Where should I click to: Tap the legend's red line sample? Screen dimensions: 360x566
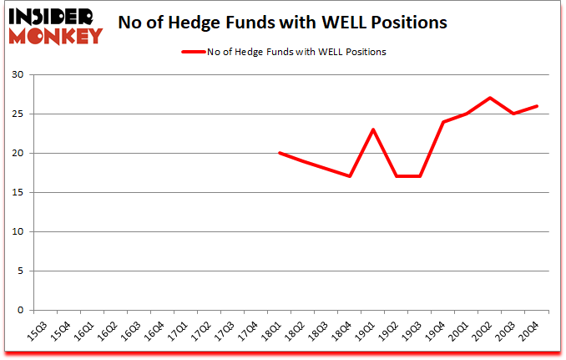point(195,52)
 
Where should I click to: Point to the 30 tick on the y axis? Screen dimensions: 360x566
point(18,75)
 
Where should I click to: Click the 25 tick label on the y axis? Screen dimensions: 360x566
point(18,114)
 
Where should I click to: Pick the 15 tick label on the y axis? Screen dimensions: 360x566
point(18,193)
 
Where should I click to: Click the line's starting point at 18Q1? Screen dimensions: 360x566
point(280,153)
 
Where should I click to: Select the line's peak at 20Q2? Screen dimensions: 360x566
point(490,98)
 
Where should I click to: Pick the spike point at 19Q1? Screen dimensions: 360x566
point(373,129)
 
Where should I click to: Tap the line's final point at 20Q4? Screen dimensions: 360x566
point(537,106)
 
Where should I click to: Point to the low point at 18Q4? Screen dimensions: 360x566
point(350,176)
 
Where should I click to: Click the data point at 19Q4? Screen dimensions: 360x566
point(443,122)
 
